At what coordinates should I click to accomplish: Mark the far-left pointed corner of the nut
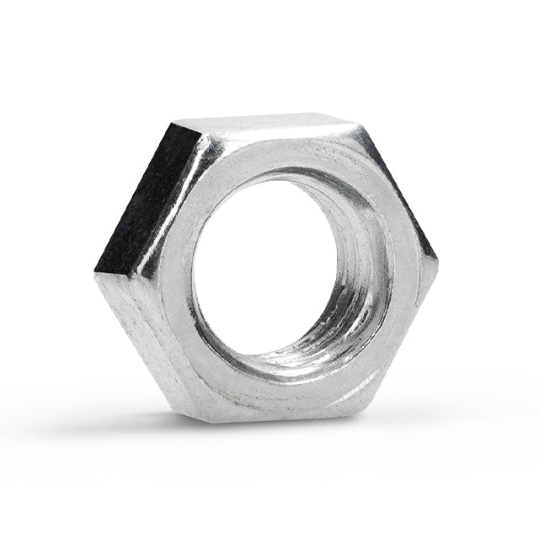click(95, 271)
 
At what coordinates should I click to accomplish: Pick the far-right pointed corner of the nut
click(437, 257)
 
